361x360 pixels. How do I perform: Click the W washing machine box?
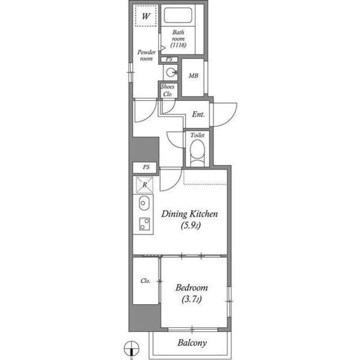pyautogui.click(x=146, y=16)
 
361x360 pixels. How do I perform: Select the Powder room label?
pyautogui.click(x=146, y=55)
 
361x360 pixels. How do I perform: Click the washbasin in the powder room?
pyautogui.click(x=170, y=72)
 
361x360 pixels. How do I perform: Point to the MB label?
pyautogui.click(x=193, y=76)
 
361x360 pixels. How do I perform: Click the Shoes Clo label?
pyautogui.click(x=168, y=91)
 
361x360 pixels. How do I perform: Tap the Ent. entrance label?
pyautogui.click(x=198, y=114)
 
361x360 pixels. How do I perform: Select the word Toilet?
pyautogui.click(x=197, y=136)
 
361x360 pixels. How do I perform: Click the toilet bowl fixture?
pyautogui.click(x=197, y=153)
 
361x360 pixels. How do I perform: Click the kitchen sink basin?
pyautogui.click(x=144, y=203)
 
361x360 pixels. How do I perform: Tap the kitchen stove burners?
pyautogui.click(x=143, y=224)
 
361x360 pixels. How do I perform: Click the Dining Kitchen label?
pyautogui.click(x=190, y=214)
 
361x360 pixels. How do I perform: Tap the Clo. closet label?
pyautogui.click(x=145, y=281)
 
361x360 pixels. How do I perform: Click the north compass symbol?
pyautogui.click(x=131, y=348)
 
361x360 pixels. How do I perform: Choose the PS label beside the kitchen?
pyautogui.click(x=146, y=167)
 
